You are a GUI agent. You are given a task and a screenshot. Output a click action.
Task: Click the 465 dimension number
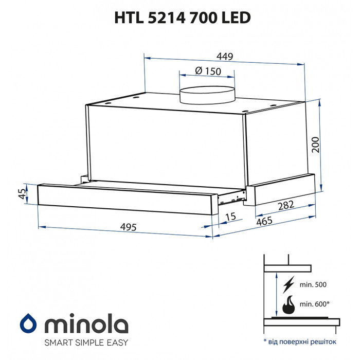coord(264,223)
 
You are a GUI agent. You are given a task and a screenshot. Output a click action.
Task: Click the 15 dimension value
coord(230,217)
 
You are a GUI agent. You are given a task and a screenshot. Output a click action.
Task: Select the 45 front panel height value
coord(22,194)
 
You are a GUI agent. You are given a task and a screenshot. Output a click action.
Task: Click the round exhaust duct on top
coord(206,95)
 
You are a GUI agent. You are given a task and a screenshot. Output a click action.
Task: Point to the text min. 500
coord(313,284)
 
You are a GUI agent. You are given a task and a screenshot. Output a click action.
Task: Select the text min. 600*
coord(314,304)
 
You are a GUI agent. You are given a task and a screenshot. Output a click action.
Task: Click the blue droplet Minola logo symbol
coord(28,324)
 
